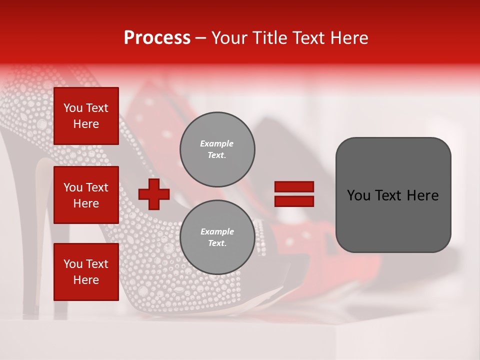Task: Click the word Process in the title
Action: pyautogui.click(x=157, y=38)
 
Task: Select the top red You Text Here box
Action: pyautogui.click(x=86, y=116)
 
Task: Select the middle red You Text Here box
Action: pyautogui.click(x=86, y=195)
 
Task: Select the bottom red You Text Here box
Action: pyautogui.click(x=86, y=272)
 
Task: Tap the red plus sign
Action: pyautogui.click(x=154, y=194)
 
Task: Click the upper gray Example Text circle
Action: pyautogui.click(x=217, y=149)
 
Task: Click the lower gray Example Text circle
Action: pyautogui.click(x=217, y=237)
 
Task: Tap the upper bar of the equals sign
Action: pyautogui.click(x=294, y=187)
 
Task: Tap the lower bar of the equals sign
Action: pyautogui.click(x=294, y=201)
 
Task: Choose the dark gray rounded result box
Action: pyautogui.click(x=393, y=195)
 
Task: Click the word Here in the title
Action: pyautogui.click(x=348, y=38)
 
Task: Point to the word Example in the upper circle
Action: pyautogui.click(x=217, y=143)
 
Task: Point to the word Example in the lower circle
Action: pyautogui.click(x=217, y=231)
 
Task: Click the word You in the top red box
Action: pyautogui.click(x=73, y=108)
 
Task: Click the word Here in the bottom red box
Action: pyautogui.click(x=86, y=280)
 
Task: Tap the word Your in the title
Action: pyautogui.click(x=229, y=38)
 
